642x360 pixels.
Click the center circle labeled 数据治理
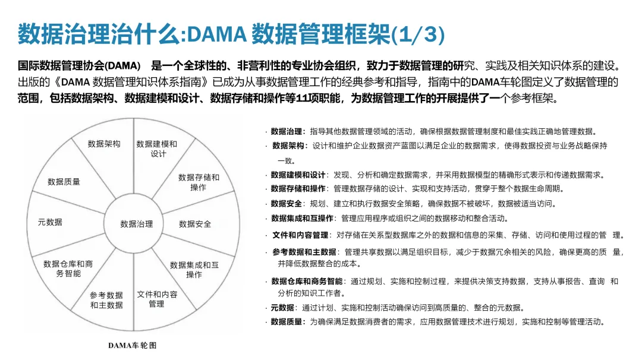tap(137, 224)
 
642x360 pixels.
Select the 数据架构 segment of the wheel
tap(104, 144)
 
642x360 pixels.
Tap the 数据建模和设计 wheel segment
tap(157, 149)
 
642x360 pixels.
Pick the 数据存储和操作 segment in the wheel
tap(199, 182)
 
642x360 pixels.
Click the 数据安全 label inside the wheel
tap(195, 224)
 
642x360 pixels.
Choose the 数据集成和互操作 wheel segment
tap(194, 270)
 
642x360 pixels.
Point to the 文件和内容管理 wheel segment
tap(157, 299)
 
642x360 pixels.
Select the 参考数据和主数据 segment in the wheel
tap(107, 300)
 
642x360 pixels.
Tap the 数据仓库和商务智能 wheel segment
tap(68, 269)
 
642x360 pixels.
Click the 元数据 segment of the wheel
tap(50, 222)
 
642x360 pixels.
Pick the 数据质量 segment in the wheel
tap(64, 182)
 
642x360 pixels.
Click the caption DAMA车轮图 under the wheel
tap(133, 345)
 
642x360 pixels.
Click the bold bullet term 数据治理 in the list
tap(288, 131)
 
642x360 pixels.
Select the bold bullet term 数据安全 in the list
tap(288, 203)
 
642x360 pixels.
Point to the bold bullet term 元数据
tap(282, 308)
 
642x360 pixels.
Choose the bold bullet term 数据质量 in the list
tap(288, 322)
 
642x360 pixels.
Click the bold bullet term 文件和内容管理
tap(300, 235)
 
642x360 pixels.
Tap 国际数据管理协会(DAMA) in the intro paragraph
tap(79, 65)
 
